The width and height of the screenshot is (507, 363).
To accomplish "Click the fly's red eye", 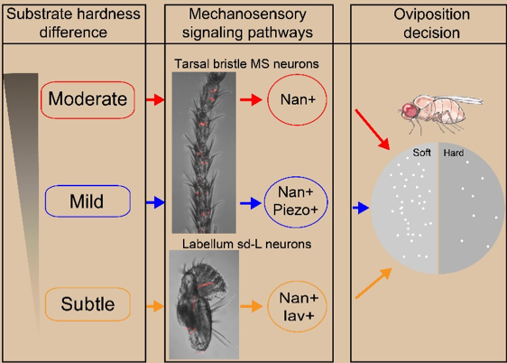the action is (x=410, y=110).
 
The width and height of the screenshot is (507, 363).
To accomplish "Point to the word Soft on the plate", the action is (x=421, y=153).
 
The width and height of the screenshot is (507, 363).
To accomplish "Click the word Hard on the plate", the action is (x=454, y=153).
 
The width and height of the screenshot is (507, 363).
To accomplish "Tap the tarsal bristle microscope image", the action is (x=204, y=153).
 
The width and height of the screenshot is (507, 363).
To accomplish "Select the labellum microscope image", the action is (x=204, y=304).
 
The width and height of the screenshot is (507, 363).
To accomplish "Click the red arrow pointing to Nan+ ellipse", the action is (x=251, y=99).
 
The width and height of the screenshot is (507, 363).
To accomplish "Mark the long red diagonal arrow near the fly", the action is (x=373, y=129).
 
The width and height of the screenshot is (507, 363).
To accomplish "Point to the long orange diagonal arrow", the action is (x=373, y=284).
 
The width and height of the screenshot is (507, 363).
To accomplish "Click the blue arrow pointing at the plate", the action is (x=361, y=208).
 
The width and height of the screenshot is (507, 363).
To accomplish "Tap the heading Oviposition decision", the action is (x=431, y=23).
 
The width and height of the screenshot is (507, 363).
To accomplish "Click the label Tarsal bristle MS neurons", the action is (x=246, y=64).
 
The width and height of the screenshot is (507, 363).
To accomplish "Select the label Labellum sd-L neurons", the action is (x=246, y=244).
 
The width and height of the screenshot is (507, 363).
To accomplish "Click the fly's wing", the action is (x=459, y=100).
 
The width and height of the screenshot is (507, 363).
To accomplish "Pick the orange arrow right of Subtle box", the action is (x=155, y=306).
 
